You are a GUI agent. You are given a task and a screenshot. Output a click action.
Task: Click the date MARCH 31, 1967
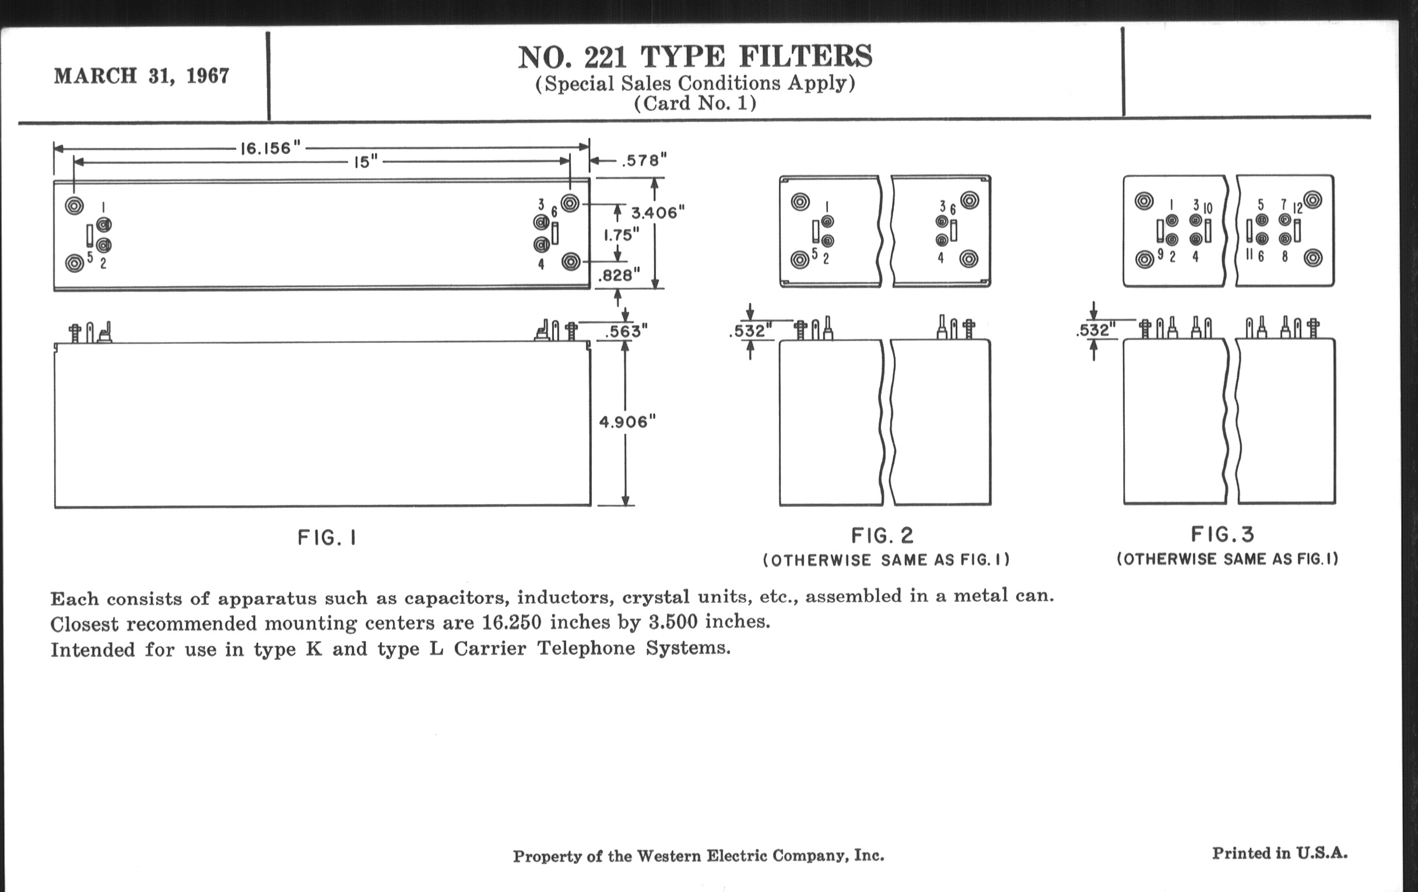click(x=141, y=76)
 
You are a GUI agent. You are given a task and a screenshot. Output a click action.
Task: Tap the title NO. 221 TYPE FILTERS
click(x=695, y=57)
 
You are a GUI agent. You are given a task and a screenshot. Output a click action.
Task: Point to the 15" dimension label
click(x=366, y=162)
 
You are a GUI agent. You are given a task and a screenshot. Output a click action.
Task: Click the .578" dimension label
click(x=645, y=160)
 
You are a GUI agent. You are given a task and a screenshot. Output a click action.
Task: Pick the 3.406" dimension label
click(x=658, y=213)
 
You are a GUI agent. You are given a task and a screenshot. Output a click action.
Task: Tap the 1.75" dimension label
click(x=622, y=235)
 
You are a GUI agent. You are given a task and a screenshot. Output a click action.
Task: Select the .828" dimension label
click(x=618, y=275)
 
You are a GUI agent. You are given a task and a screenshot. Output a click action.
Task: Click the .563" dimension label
click(x=627, y=332)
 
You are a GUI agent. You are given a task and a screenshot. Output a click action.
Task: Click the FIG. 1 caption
click(x=327, y=538)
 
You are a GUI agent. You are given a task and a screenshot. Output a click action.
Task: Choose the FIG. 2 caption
click(x=882, y=536)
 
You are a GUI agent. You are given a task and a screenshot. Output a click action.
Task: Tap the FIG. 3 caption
click(x=1223, y=535)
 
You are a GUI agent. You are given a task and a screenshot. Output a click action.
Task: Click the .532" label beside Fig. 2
click(x=750, y=331)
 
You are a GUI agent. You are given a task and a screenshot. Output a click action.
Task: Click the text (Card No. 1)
click(x=695, y=104)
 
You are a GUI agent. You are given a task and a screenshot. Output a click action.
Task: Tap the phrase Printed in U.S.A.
click(x=1280, y=853)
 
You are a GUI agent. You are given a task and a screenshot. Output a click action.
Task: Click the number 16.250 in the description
click(x=511, y=622)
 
